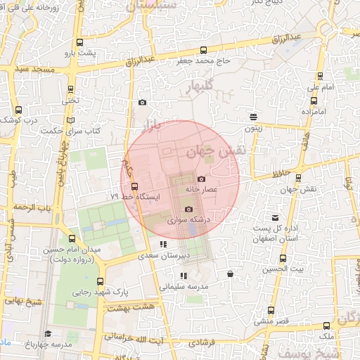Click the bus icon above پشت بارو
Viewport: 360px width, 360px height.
tap(78, 42)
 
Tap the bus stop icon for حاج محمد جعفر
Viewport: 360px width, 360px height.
tap(203, 50)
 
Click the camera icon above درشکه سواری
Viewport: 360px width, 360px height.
tap(188, 210)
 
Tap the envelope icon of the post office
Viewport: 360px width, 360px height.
tap(274, 218)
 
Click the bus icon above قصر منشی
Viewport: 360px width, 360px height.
tap(271, 310)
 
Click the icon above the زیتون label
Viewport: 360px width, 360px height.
tap(252, 116)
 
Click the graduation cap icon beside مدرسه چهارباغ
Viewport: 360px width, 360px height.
tap(48, 333)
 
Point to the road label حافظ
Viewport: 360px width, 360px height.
tap(281, 171)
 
